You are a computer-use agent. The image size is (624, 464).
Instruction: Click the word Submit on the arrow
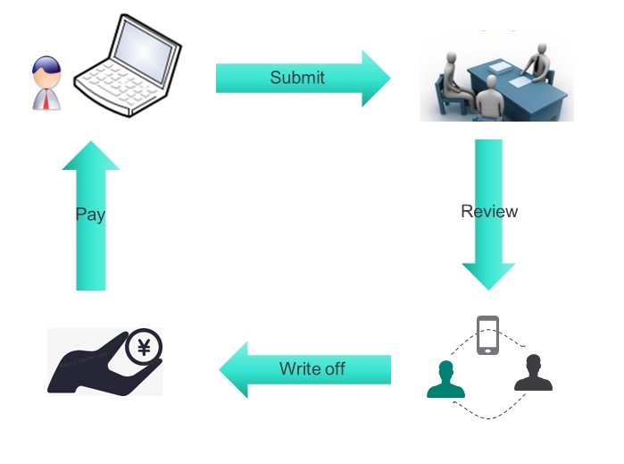click(x=297, y=78)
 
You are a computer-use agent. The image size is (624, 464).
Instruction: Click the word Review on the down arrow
click(x=489, y=212)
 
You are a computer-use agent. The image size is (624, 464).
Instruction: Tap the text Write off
click(x=312, y=368)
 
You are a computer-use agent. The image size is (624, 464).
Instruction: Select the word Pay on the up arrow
click(x=90, y=215)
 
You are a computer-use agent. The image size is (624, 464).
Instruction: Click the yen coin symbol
click(x=144, y=346)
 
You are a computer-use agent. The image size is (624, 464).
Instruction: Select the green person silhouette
click(x=446, y=380)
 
